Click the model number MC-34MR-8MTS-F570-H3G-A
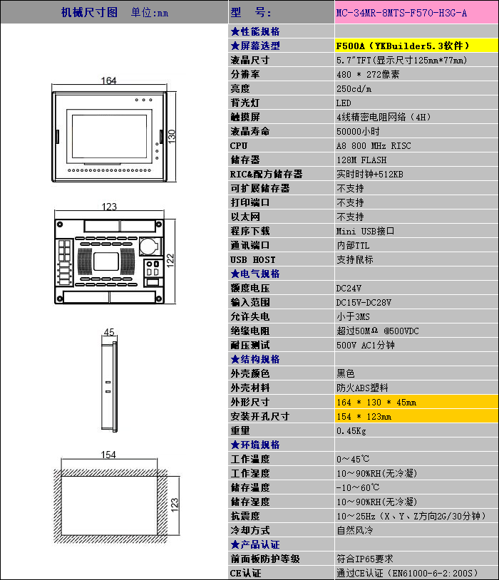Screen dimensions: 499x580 tap(401, 13)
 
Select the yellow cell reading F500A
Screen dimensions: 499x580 tap(416, 46)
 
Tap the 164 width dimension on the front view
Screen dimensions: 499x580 tap(108, 81)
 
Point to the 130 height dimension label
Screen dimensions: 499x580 tap(171, 136)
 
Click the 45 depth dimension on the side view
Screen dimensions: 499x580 tap(109, 332)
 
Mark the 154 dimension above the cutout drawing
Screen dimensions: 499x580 tap(108, 455)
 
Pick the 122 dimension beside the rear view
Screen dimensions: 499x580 tap(170, 260)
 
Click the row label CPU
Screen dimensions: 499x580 tap(239, 146)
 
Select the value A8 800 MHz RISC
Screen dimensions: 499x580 tap(374, 146)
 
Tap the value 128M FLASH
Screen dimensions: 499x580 tap(361, 160)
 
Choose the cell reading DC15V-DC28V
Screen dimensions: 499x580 tap(364, 303)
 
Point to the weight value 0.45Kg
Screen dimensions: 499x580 tap(351, 431)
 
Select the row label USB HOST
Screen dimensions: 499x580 tap(253, 259)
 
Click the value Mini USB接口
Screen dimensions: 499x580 tap(365, 231)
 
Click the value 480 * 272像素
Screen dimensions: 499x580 tap(368, 74)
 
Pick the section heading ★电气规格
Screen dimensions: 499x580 tap(255, 274)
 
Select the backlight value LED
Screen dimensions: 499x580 tap(344, 103)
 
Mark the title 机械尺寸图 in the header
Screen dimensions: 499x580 tap(89, 12)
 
